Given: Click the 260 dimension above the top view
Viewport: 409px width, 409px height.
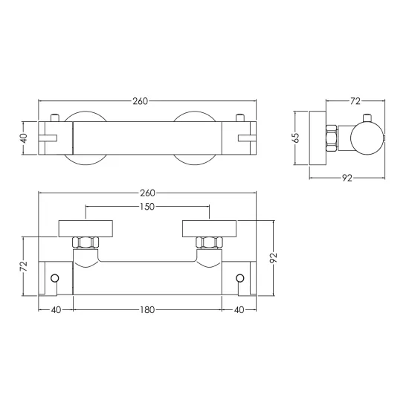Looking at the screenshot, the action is tap(141, 101).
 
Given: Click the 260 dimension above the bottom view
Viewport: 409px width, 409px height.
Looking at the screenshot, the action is tap(148, 193).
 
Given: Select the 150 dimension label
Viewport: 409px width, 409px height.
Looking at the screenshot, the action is tap(147, 207).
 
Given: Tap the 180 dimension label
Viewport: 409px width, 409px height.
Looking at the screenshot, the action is tap(147, 310).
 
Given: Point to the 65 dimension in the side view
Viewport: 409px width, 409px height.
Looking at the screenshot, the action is tap(296, 138).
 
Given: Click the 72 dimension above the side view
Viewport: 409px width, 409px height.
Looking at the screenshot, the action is tap(355, 101).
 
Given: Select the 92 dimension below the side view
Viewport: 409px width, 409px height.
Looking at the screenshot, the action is tap(347, 178).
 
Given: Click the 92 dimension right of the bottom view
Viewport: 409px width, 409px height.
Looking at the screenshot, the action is tap(274, 258).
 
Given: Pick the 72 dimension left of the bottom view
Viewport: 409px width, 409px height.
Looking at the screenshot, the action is tap(24, 265).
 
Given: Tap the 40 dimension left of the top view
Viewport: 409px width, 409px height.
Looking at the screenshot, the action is tap(24, 138).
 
